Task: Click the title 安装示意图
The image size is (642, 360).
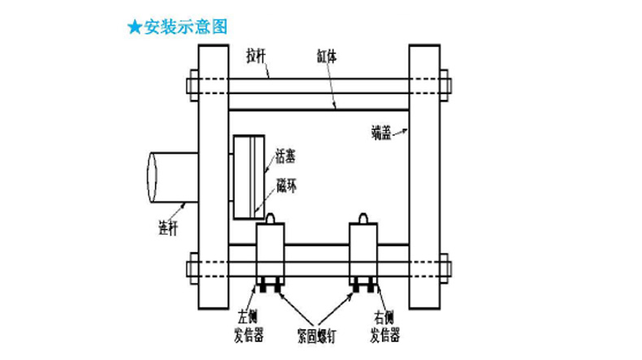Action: coord(185,26)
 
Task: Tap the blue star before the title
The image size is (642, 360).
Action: coord(134,26)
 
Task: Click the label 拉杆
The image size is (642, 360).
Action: coord(258,57)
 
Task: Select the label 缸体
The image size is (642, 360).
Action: coord(328,57)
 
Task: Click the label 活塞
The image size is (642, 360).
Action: coord(287,154)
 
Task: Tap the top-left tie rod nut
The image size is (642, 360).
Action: coord(193,85)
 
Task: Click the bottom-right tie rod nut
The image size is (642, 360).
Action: coord(444,266)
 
